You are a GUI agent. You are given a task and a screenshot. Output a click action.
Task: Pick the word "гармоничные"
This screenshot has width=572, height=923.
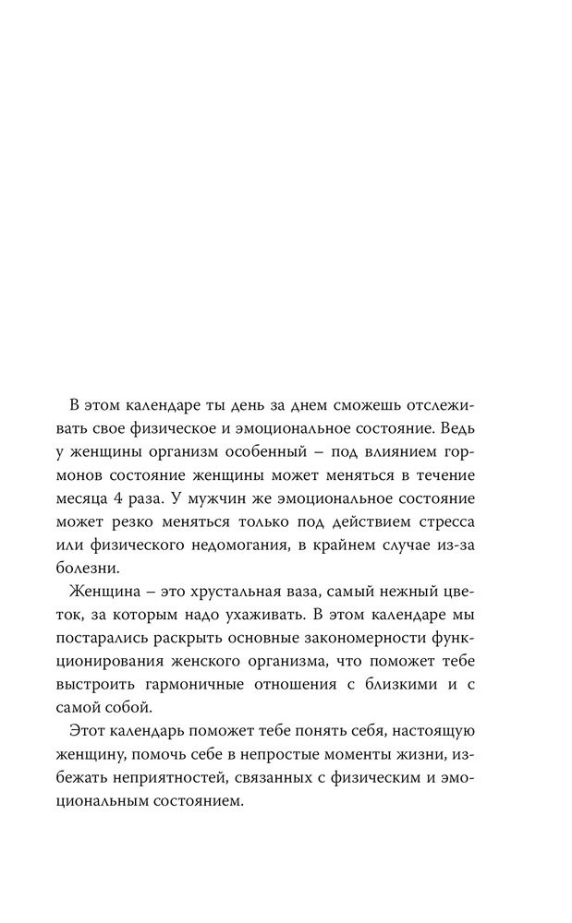[x=225, y=680]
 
